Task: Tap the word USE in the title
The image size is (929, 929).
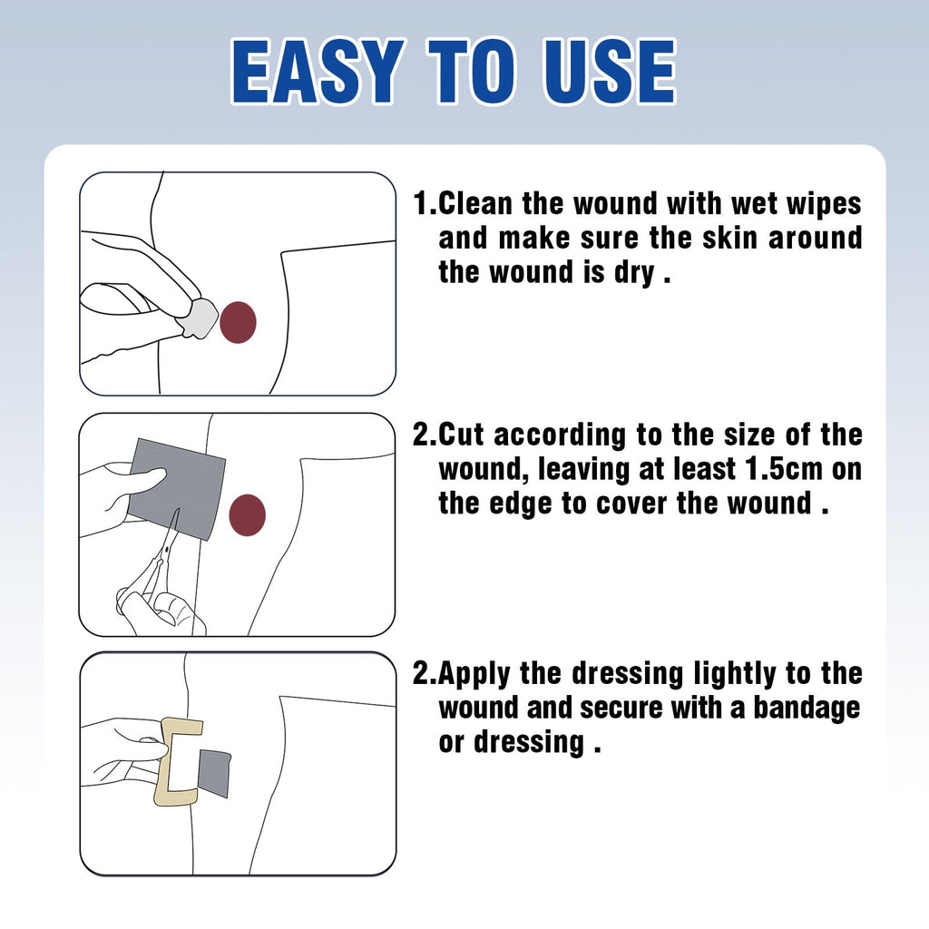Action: [x=610, y=73]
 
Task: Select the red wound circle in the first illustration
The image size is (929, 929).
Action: [x=239, y=322]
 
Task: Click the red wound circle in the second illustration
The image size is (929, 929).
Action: [x=247, y=515]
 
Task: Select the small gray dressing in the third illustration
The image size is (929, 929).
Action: [x=214, y=773]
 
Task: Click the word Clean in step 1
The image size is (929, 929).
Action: [x=475, y=204]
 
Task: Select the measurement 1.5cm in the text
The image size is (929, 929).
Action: [x=785, y=469]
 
